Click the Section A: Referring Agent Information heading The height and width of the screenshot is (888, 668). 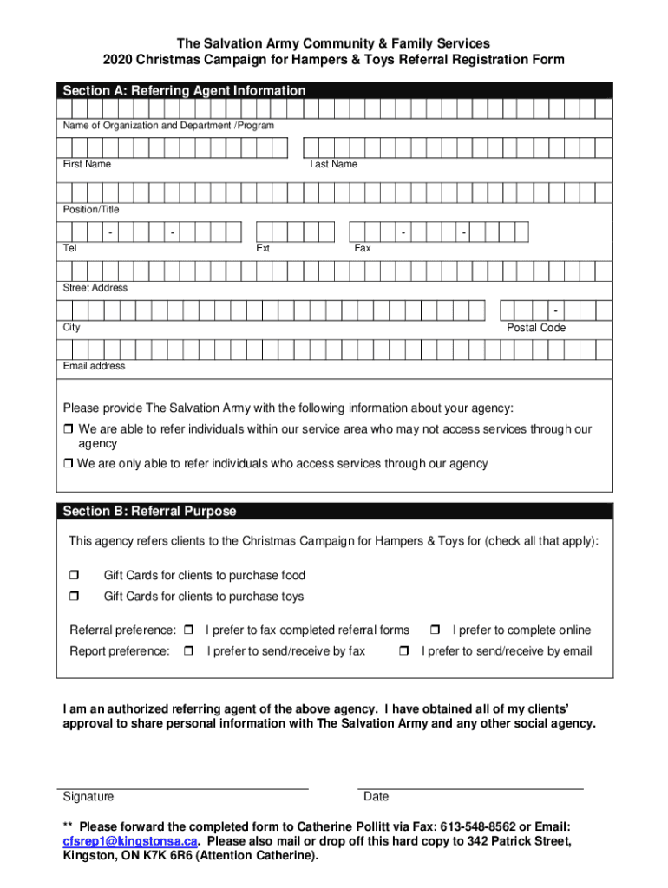click(x=184, y=90)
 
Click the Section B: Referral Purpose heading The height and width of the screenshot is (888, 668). click(x=149, y=511)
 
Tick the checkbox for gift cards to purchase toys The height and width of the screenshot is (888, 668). click(x=74, y=597)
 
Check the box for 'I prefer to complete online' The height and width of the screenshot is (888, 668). click(x=436, y=630)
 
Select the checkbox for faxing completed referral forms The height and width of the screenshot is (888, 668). click(x=188, y=630)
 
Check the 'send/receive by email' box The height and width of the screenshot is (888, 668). click(x=403, y=651)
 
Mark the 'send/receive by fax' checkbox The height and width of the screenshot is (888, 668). click(x=188, y=651)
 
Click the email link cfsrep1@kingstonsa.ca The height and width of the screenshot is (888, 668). click(x=130, y=841)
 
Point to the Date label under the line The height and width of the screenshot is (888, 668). click(x=376, y=796)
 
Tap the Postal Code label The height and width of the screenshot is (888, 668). click(x=535, y=327)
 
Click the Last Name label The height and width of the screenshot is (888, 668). click(x=333, y=164)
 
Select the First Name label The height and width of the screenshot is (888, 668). click(x=87, y=164)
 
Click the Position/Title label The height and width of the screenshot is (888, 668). click(x=91, y=209)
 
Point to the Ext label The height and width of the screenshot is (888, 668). click(x=263, y=248)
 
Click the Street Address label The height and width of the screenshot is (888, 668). click(x=95, y=287)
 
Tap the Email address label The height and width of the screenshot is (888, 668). click(x=94, y=366)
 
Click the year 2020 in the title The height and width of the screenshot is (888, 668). click(x=120, y=60)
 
